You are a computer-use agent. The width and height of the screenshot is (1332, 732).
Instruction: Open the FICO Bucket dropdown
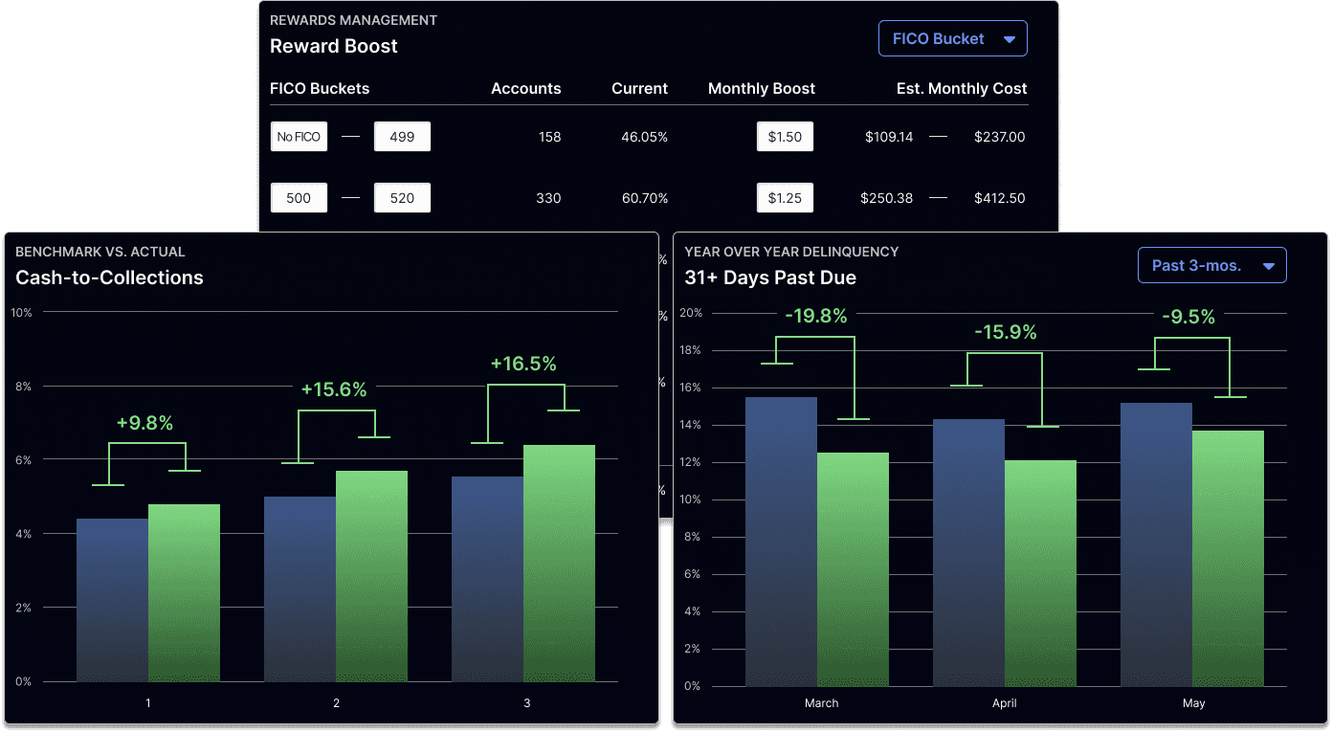[x=953, y=38]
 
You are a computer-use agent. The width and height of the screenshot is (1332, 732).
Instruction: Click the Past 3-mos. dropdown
[x=1211, y=265]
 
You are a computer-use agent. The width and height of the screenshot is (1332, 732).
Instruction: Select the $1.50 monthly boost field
[x=785, y=137]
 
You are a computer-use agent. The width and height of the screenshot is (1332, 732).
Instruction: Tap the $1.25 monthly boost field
[x=785, y=198]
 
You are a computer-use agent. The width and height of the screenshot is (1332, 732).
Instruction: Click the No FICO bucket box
[x=299, y=137]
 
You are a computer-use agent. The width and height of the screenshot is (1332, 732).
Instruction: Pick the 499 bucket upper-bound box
[x=402, y=137]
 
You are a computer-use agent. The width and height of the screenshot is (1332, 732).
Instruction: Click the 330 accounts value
[x=548, y=198]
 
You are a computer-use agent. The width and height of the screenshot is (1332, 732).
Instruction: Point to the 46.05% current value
[x=644, y=137]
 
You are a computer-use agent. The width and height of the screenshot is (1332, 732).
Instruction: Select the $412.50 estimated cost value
[x=999, y=198]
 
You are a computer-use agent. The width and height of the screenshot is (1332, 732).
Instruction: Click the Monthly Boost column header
[x=761, y=89]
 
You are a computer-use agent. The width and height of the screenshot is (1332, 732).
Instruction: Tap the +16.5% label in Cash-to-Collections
[x=523, y=364]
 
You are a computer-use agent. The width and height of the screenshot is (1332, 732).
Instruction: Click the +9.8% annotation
[x=144, y=423]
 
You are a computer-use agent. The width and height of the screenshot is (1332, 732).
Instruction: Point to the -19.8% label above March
[x=816, y=316]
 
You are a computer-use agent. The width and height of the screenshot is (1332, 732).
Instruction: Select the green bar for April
[x=1041, y=573]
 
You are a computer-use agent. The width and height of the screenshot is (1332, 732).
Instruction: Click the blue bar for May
[x=1156, y=544]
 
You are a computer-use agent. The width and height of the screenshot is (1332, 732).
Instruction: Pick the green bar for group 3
[x=559, y=564]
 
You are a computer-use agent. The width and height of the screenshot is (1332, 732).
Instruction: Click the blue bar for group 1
[x=112, y=600]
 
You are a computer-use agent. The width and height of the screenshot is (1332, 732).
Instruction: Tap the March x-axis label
[x=821, y=703]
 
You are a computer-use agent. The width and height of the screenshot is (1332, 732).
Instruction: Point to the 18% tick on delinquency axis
[x=690, y=350]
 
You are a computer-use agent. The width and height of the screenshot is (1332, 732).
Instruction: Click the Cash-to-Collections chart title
[x=109, y=277]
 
